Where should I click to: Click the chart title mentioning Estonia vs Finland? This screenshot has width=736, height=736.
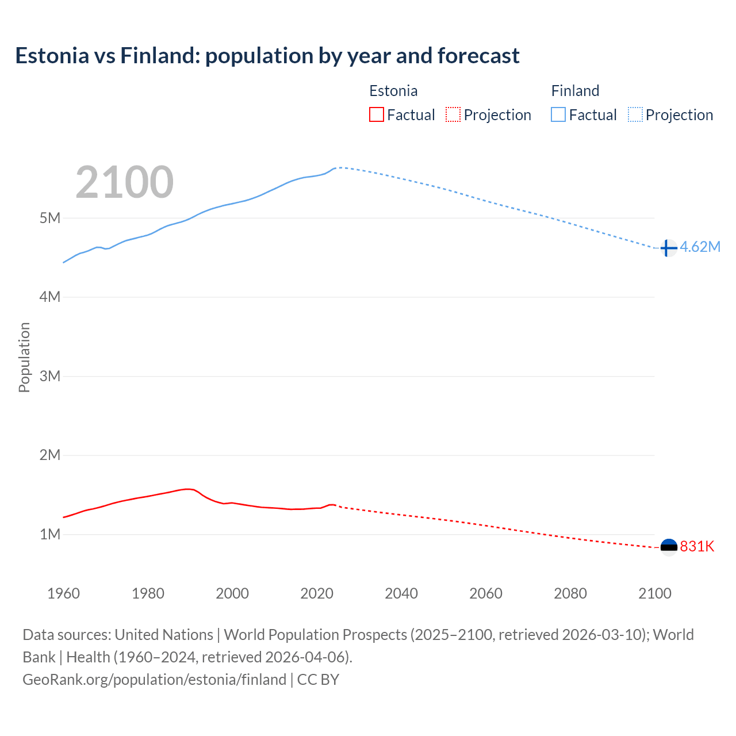click(x=267, y=56)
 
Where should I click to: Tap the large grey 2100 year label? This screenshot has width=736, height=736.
click(x=124, y=182)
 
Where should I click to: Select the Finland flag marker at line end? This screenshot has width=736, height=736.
click(x=668, y=248)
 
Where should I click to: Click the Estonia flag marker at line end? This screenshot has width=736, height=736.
click(x=669, y=547)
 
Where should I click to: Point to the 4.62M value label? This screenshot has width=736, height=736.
click(x=700, y=247)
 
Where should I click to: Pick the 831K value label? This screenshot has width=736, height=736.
click(x=697, y=547)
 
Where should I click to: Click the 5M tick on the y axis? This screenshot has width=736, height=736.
click(x=50, y=218)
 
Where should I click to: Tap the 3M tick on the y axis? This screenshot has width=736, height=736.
click(x=50, y=376)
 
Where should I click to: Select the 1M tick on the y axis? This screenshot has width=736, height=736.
click(x=50, y=534)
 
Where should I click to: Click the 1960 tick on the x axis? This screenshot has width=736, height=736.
click(x=63, y=593)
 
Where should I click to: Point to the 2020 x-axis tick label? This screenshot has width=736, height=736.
click(x=317, y=593)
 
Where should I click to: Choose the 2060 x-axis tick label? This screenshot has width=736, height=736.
click(x=486, y=593)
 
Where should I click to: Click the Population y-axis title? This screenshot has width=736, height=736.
click(x=24, y=357)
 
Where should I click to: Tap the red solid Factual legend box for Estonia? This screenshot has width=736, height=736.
click(x=376, y=115)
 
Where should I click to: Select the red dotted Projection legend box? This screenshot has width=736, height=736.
click(x=453, y=115)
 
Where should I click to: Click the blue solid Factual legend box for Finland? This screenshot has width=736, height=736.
click(x=558, y=115)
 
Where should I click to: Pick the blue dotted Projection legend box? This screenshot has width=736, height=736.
click(x=635, y=115)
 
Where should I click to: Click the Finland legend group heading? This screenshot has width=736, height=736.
click(x=575, y=91)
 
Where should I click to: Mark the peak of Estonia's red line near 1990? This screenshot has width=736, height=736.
click(x=187, y=489)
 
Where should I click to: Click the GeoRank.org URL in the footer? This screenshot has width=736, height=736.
click(x=154, y=680)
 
